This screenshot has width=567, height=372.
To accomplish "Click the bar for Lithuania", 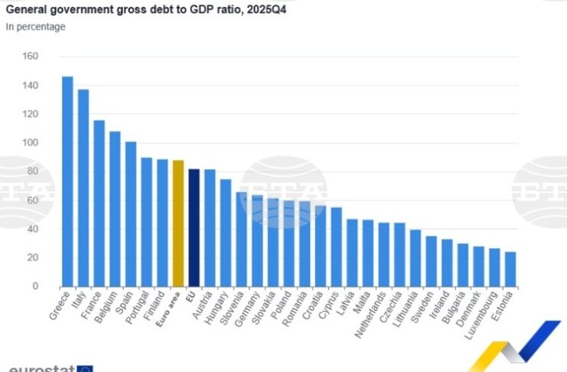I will tap(415, 259).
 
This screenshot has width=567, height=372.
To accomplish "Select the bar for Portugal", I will tap(146, 222).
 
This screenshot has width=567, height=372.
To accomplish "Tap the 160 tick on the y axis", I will tap(31, 57).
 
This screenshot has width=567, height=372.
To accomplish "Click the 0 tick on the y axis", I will tap(35, 286).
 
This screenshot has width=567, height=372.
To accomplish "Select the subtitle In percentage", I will tap(36, 27).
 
